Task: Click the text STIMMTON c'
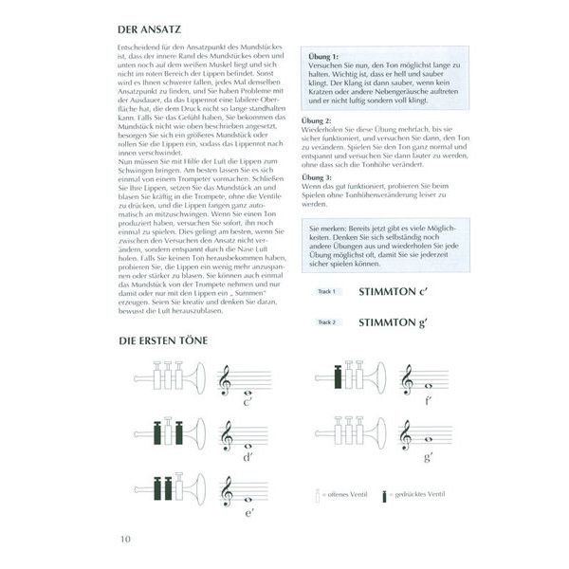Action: [x=395, y=293]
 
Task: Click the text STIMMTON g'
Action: [x=395, y=322]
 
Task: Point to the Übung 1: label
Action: [x=324, y=57]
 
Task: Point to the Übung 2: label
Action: [x=315, y=121]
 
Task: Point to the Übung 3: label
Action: [x=315, y=177]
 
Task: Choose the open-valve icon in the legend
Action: [x=316, y=496]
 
